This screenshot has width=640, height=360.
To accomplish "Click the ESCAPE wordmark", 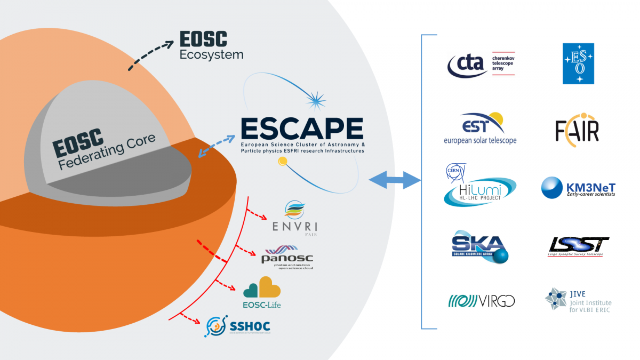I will click(302, 129).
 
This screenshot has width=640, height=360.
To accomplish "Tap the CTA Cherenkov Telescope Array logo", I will click(481, 64).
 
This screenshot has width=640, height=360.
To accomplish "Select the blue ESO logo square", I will click(578, 63).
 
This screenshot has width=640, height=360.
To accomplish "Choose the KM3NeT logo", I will click(578, 188).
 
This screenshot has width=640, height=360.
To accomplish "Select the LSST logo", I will click(579, 246).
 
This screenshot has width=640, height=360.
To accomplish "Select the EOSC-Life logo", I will click(262, 292).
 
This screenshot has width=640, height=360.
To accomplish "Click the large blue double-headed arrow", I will click(395, 180).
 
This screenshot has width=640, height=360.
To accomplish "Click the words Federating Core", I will click(107, 153).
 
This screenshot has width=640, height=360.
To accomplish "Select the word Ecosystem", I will click(211, 54).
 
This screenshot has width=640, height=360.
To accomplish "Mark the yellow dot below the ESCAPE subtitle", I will click(282, 161).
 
